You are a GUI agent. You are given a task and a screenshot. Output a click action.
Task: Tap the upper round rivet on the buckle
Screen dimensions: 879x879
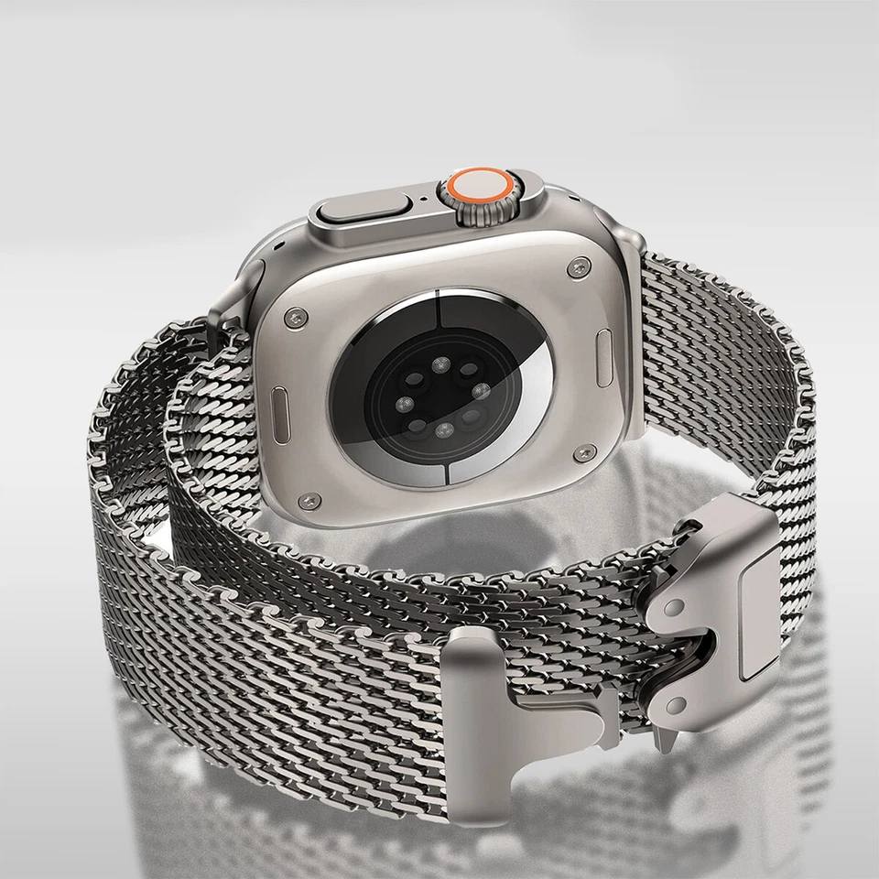tap(674, 607)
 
